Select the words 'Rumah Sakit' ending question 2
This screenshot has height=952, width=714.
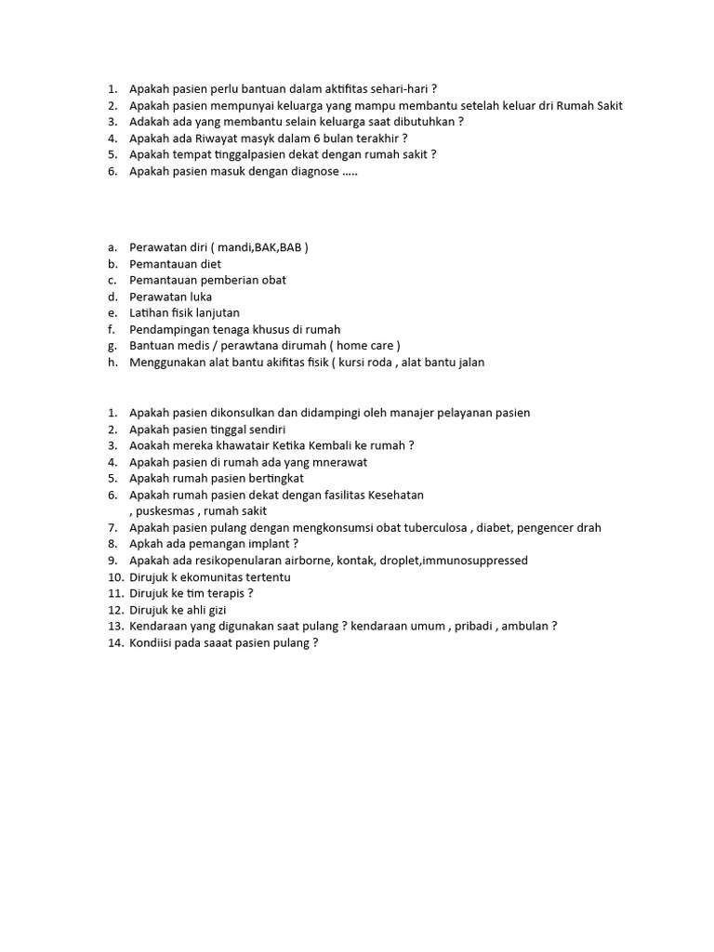coord(589,106)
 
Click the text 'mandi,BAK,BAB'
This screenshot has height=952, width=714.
coord(258,247)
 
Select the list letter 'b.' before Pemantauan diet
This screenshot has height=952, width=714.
coord(112,264)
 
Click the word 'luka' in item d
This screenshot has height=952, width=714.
coord(199,297)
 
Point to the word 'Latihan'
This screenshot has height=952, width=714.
coord(151,313)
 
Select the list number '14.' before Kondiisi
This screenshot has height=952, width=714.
coord(115,642)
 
